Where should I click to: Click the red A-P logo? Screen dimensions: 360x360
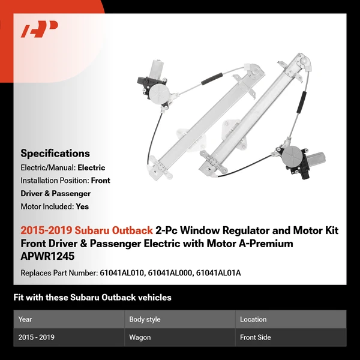(39, 29)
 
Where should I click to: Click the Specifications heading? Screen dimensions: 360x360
(55, 154)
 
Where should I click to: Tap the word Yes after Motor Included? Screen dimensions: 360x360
(82, 206)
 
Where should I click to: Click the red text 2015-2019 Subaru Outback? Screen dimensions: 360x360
(86, 230)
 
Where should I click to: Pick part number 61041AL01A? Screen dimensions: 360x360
(219, 273)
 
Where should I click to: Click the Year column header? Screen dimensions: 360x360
(25, 319)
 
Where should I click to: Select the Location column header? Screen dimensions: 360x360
(253, 319)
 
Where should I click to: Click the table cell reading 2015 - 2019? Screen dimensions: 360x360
(37, 337)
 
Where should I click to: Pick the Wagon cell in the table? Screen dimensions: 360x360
(140, 337)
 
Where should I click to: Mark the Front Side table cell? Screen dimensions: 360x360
(256, 337)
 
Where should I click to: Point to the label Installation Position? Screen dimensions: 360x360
(55, 180)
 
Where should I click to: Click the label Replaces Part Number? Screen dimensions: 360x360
(58, 273)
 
